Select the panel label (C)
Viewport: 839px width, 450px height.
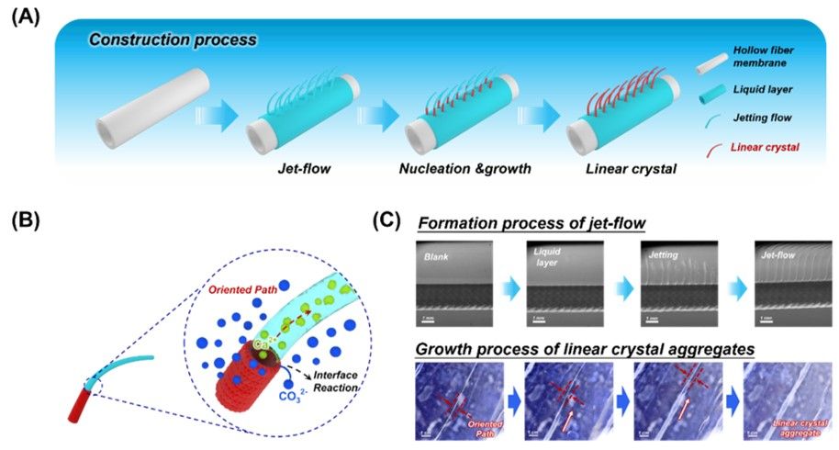pyautogui.click(x=389, y=223)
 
